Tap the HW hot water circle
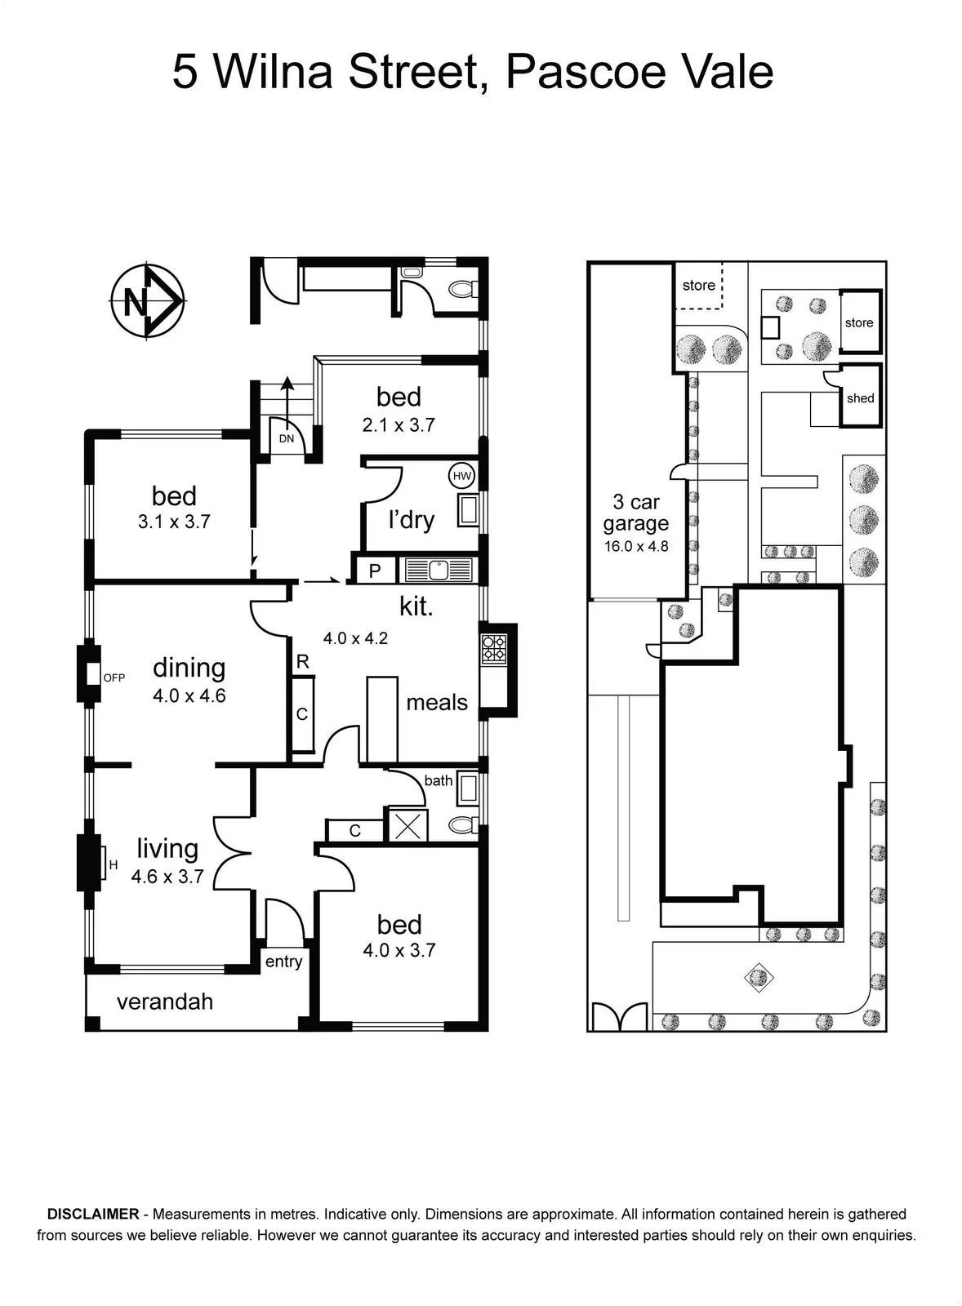pyautogui.click(x=462, y=477)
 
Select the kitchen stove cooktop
pyautogui.click(x=493, y=648)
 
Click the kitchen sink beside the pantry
pyautogui.click(x=438, y=570)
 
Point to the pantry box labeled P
pyautogui.click(x=374, y=571)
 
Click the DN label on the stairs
pyautogui.click(x=287, y=438)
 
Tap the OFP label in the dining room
pyautogui.click(x=114, y=678)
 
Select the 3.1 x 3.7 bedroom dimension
pyautogui.click(x=174, y=522)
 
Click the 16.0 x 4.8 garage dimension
pyautogui.click(x=636, y=546)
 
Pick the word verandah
pyautogui.click(x=165, y=1002)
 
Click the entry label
pyautogui.click(x=283, y=962)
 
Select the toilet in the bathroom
pyautogui.click(x=463, y=825)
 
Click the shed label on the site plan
pyautogui.click(x=861, y=398)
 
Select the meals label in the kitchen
pyautogui.click(x=437, y=703)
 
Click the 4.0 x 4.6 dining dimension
pyautogui.click(x=189, y=695)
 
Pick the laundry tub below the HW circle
pyautogui.click(x=468, y=511)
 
